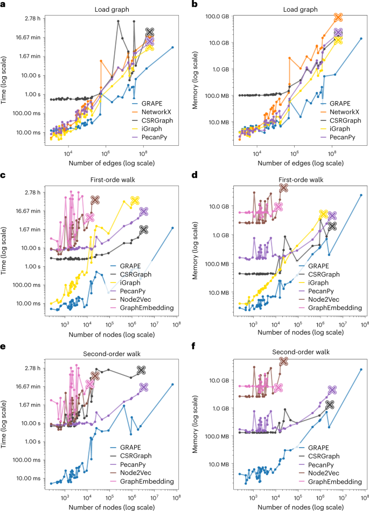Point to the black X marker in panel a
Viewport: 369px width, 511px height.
[x=150, y=32]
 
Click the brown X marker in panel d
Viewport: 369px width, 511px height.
[x=283, y=187]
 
